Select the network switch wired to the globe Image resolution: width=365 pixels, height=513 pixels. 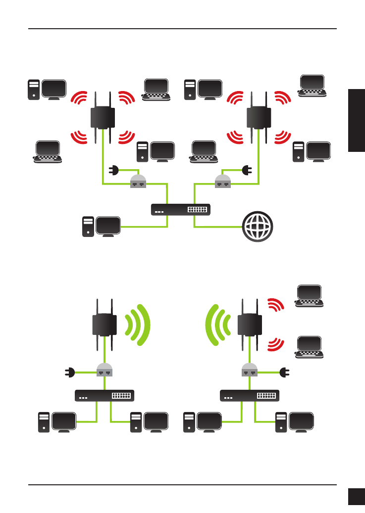click(x=180, y=210)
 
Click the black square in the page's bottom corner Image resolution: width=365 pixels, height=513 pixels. click(x=356, y=496)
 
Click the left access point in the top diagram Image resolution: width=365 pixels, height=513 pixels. click(x=103, y=117)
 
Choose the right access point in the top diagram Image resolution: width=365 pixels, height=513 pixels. click(x=258, y=117)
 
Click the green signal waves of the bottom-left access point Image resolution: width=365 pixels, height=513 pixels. click(x=136, y=325)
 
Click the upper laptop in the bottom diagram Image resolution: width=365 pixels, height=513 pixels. click(x=310, y=296)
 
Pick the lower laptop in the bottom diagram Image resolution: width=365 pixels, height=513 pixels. click(x=310, y=347)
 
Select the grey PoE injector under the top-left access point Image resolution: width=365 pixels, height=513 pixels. click(x=138, y=182)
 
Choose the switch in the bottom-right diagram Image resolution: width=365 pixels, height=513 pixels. click(x=250, y=396)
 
